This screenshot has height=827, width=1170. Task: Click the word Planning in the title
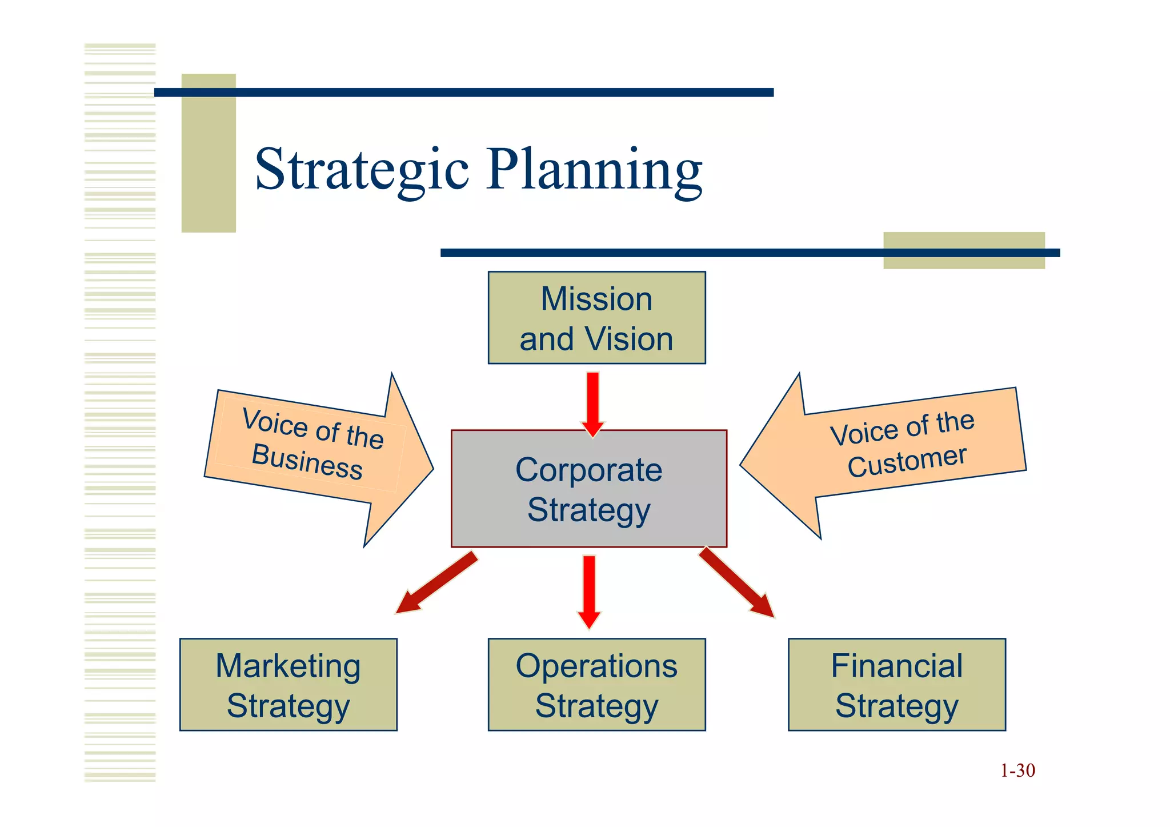(x=594, y=170)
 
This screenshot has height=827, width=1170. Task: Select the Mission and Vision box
(x=596, y=318)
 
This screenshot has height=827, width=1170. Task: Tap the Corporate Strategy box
(x=588, y=489)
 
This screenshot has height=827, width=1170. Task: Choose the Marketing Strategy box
(x=288, y=685)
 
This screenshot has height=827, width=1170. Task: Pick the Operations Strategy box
(x=596, y=685)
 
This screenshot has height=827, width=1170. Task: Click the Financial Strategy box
(x=896, y=685)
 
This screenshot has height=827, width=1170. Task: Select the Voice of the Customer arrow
(x=891, y=452)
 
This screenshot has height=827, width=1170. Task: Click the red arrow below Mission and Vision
(x=593, y=403)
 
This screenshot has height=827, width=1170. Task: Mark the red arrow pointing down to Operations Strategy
(x=589, y=592)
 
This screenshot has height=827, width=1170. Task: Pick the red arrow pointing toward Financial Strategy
(x=737, y=583)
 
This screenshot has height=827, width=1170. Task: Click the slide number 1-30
(x=1017, y=770)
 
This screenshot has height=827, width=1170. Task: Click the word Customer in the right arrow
(x=907, y=461)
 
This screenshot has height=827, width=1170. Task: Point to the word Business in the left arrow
(x=307, y=461)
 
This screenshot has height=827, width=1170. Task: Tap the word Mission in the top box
(x=596, y=299)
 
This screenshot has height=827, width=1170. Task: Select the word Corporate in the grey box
(x=588, y=470)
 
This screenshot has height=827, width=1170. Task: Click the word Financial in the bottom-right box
(x=896, y=666)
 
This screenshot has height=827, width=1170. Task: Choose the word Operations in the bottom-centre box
(x=596, y=666)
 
